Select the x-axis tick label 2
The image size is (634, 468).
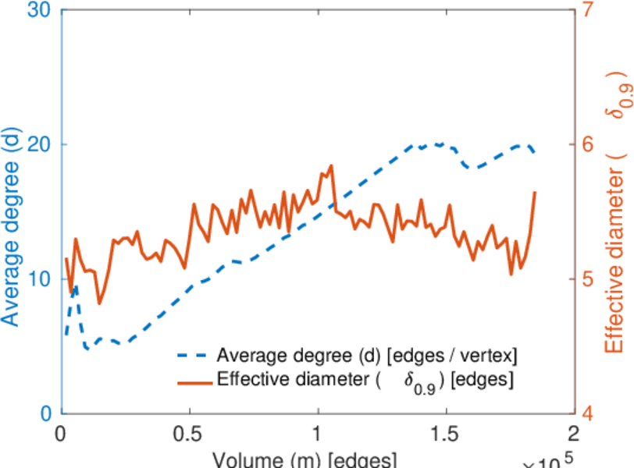[574, 433]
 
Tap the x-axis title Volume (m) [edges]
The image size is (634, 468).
[305, 459]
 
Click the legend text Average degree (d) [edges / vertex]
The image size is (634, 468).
[368, 356]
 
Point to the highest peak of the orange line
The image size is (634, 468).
[331, 165]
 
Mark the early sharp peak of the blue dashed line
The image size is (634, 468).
[75, 285]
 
